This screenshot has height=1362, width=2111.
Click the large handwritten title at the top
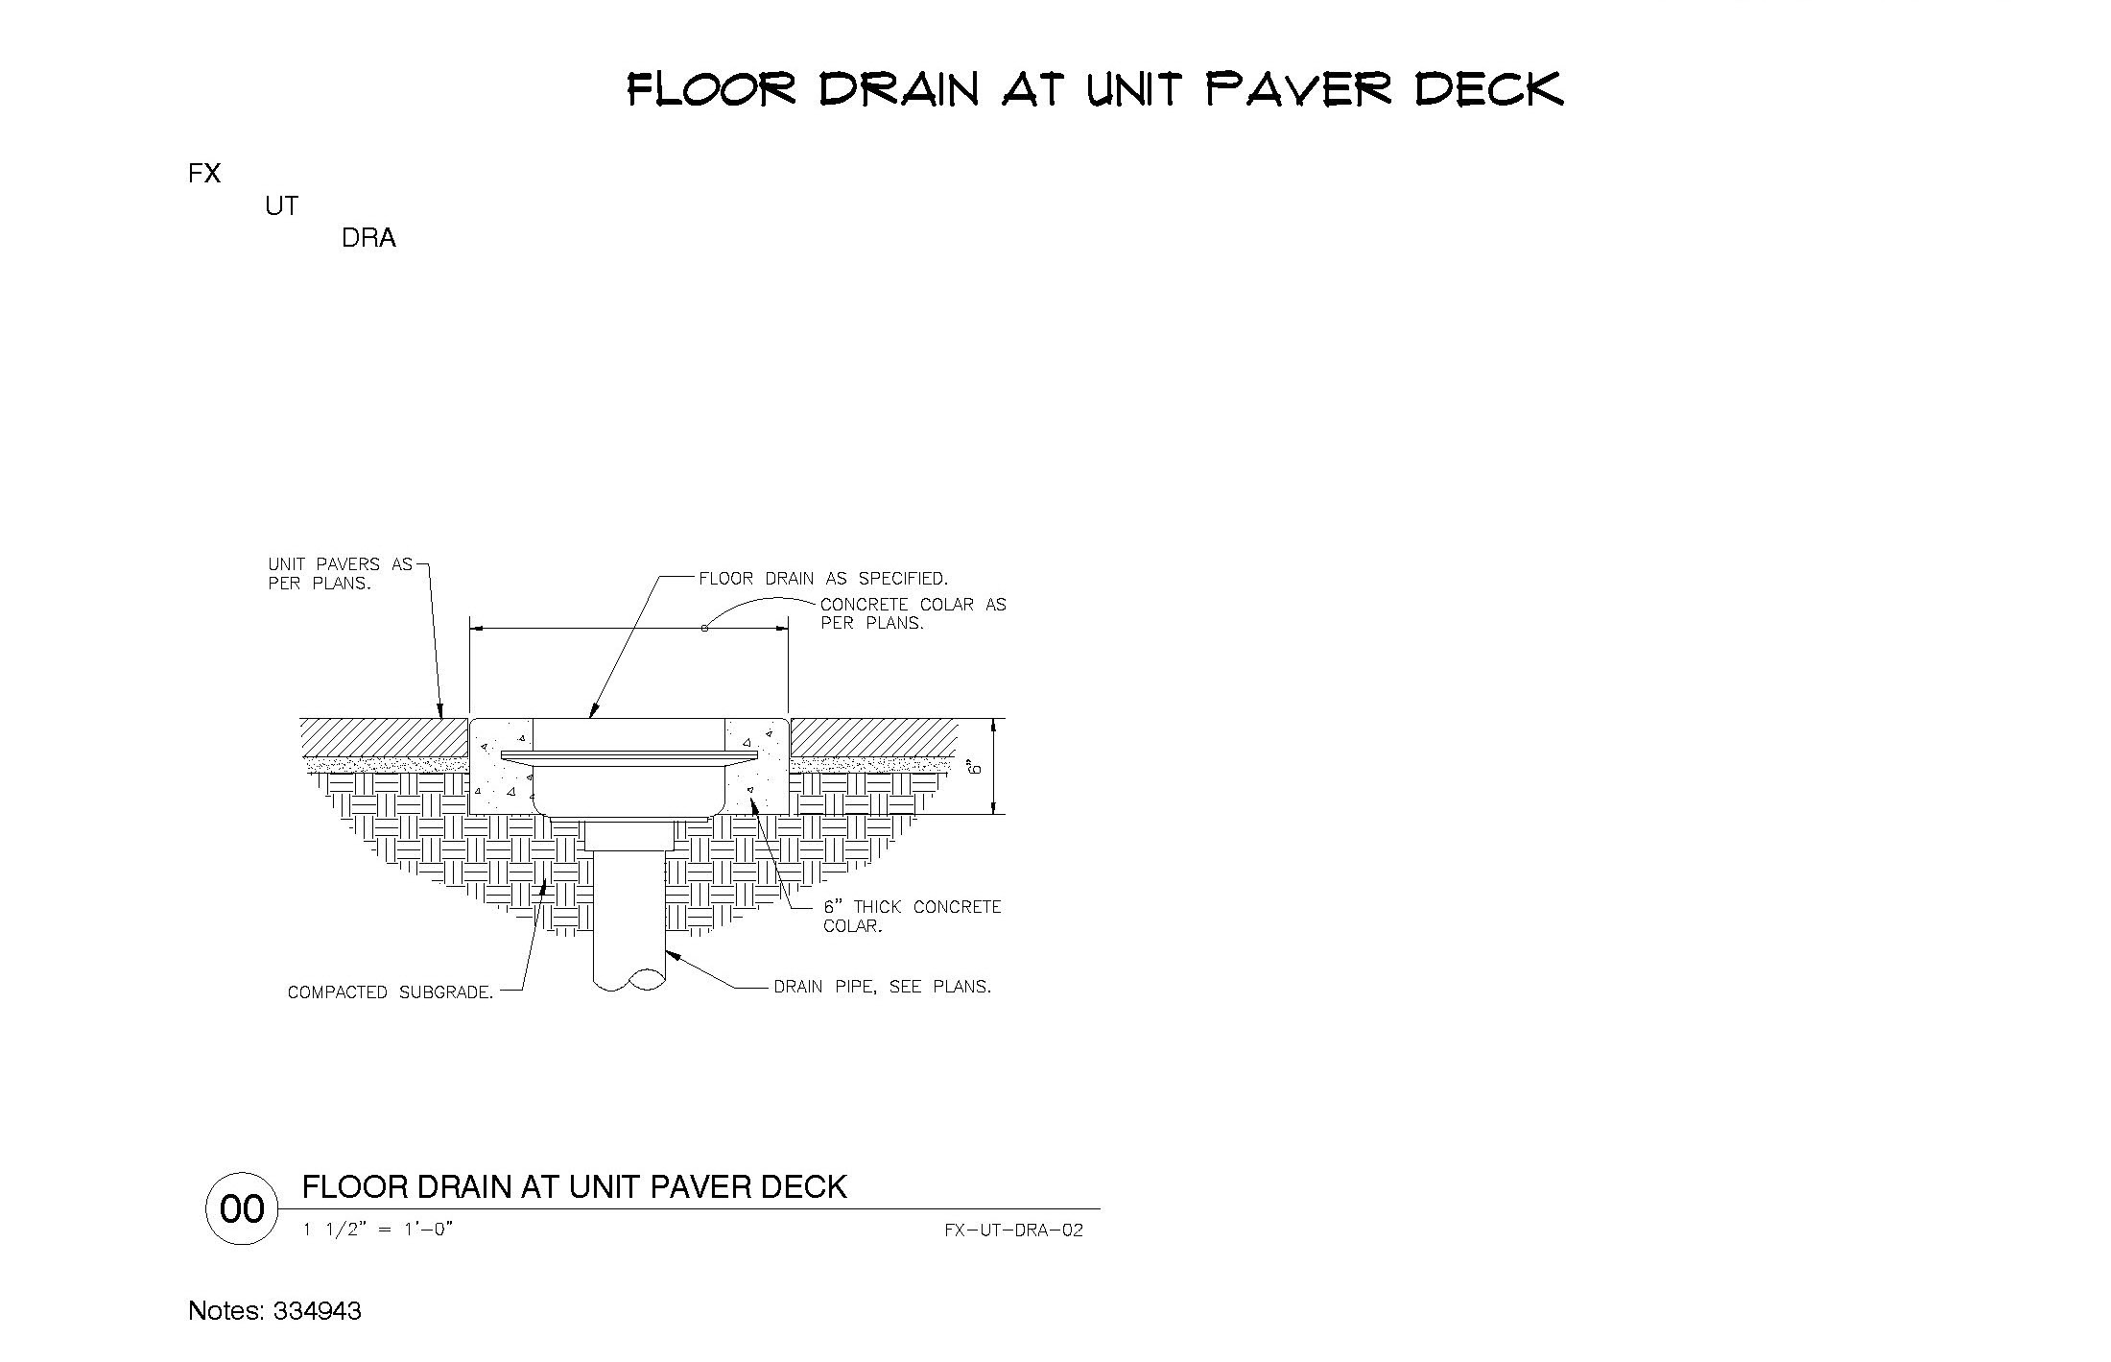point(1095,88)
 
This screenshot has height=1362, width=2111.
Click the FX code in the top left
point(204,174)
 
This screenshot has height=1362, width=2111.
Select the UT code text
point(281,206)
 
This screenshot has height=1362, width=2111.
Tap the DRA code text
point(368,238)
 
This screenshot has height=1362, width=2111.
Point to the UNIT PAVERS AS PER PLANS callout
point(340,574)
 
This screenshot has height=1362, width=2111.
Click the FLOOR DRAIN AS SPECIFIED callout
point(823,579)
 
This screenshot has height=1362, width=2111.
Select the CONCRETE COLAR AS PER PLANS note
point(913,613)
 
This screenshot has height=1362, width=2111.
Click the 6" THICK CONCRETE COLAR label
point(913,917)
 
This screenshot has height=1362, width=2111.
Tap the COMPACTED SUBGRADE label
point(391,992)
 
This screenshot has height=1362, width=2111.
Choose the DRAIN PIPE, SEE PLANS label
point(883,987)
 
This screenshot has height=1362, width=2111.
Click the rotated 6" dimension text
point(974,767)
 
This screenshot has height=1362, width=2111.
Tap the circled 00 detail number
point(242,1209)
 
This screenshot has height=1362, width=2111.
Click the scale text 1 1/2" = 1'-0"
point(378,1230)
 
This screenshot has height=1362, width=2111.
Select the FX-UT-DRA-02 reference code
point(1013,1231)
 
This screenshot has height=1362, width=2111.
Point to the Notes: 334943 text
point(275,1311)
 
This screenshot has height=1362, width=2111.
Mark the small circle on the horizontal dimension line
point(704,629)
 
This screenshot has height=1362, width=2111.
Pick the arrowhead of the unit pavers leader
point(440,711)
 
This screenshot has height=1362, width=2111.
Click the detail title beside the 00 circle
point(575,1187)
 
